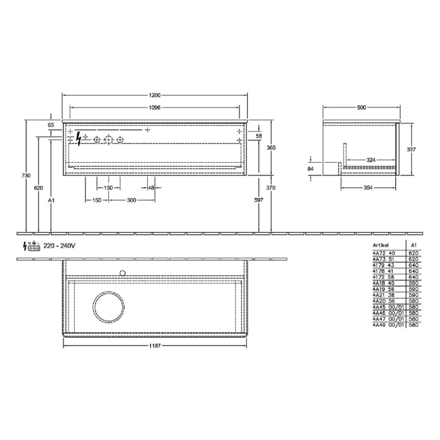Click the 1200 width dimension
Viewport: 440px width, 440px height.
pyautogui.click(x=155, y=95)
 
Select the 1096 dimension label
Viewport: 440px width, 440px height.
pyautogui.click(x=155, y=107)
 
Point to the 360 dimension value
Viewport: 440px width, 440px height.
pyautogui.click(x=271, y=147)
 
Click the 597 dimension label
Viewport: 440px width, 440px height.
pyautogui.click(x=258, y=200)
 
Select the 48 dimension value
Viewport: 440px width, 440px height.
pyautogui.click(x=151, y=187)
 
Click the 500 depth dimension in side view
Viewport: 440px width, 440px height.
pyautogui.click(x=361, y=107)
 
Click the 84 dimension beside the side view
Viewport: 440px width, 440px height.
pyautogui.click(x=311, y=168)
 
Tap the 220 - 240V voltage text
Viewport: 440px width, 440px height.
pyautogui.click(x=60, y=245)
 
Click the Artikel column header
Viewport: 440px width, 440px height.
pyautogui.click(x=381, y=246)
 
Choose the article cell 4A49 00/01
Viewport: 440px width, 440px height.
pyautogui.click(x=385, y=326)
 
